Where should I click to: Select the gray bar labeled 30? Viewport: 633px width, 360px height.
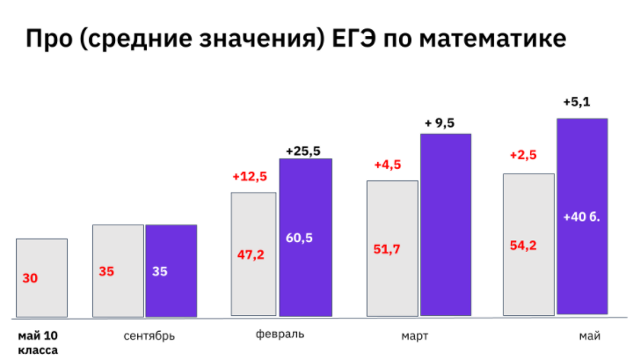[41, 277]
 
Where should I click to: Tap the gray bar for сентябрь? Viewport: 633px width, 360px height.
[118, 270]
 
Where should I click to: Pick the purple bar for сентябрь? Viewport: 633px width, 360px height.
[171, 270]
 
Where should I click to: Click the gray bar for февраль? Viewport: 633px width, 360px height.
[254, 253]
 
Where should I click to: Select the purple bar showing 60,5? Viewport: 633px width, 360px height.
[305, 237]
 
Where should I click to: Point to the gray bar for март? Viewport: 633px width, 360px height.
[392, 248]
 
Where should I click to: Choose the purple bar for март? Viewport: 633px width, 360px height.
[446, 224]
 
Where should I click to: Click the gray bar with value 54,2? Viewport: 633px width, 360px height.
[528, 244]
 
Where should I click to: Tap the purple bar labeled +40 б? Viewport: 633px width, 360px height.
[582, 216]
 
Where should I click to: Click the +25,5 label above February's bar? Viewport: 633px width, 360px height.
[305, 151]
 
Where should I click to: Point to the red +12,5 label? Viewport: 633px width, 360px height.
[250, 176]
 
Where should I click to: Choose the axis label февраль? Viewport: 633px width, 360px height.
[280, 334]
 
